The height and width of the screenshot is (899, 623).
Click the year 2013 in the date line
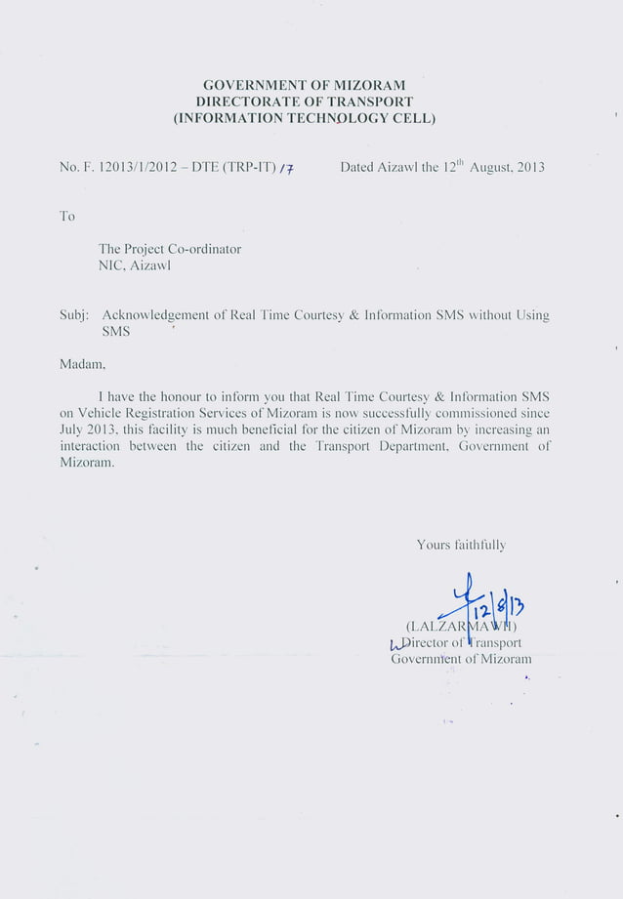click(527, 167)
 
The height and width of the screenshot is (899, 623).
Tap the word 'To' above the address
click(67, 216)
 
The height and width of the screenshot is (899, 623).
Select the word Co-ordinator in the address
click(201, 249)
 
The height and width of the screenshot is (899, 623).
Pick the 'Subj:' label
click(74, 315)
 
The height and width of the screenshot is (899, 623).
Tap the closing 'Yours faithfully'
click(461, 545)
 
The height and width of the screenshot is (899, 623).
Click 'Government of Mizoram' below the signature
click(461, 659)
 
